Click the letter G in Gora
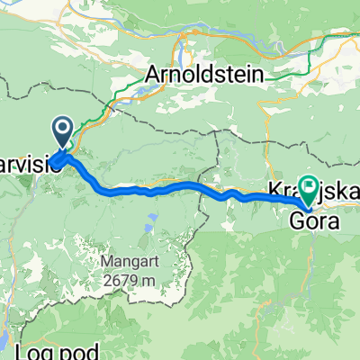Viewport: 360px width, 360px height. point(296,218)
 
